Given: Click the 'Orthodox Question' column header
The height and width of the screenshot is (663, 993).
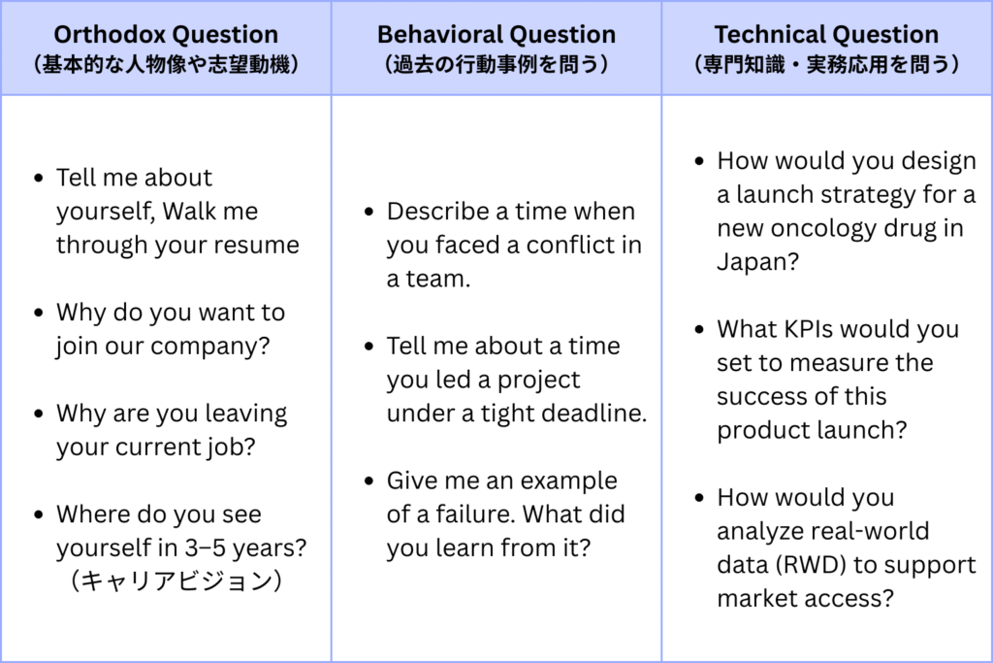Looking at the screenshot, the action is point(166,34).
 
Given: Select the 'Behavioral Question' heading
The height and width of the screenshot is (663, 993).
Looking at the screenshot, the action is point(496,34).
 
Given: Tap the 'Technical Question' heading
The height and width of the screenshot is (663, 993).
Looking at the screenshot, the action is point(826,34).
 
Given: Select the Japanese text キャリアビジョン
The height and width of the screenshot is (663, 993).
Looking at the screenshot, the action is point(176,580).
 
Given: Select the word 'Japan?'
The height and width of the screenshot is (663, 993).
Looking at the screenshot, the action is point(758,262).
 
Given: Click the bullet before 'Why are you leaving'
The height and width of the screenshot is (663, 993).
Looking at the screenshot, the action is point(39,414).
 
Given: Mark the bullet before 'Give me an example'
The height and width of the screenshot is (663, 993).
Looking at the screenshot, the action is point(369,481).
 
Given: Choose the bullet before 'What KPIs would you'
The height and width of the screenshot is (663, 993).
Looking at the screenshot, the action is point(700,330).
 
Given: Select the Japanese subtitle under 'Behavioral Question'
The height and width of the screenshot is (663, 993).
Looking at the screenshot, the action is point(496,64).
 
